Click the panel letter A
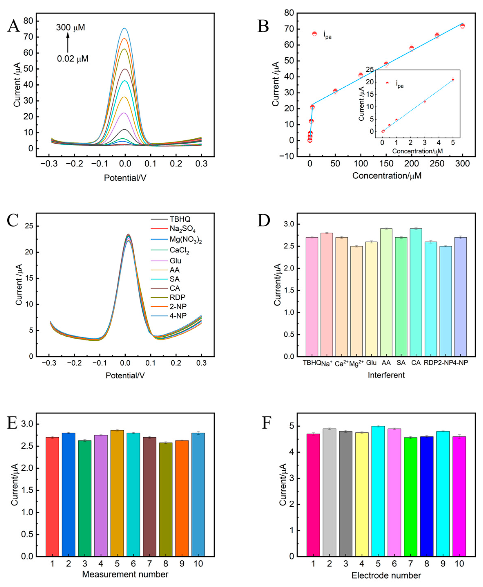pos(13,26)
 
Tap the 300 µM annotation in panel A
pos(70,28)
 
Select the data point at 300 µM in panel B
pos(462,26)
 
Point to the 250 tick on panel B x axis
pos(437,164)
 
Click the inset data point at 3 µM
pos(425,102)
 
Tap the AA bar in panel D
pos(386,292)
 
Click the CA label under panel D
pos(416,363)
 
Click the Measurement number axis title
pos(125,574)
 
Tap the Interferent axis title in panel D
pos(386,375)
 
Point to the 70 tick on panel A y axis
pos(28,37)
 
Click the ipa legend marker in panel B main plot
pos(314,34)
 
